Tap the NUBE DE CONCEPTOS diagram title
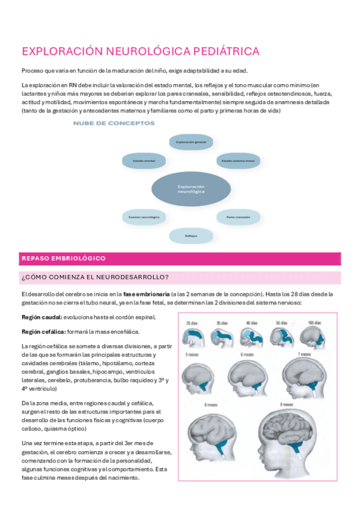tap(113, 123)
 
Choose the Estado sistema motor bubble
tap(237, 161)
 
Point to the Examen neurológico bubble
tap(140, 215)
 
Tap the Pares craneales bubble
tap(238, 215)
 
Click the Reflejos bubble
tap(191, 235)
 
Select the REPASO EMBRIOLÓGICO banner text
tap(63, 259)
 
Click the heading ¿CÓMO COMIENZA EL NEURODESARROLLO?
tap(95, 277)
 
